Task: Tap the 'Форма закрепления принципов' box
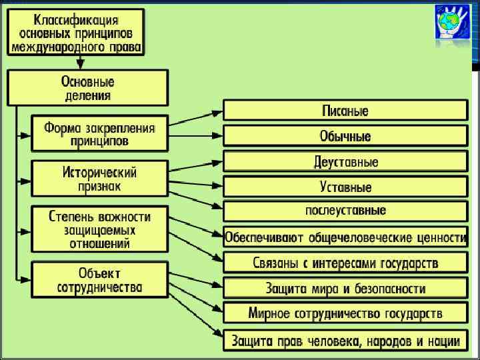pyautogui.click(x=99, y=133)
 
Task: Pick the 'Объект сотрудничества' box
pyautogui.click(x=99, y=280)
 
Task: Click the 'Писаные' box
pyautogui.click(x=345, y=111)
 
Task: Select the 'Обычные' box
pyautogui.click(x=345, y=136)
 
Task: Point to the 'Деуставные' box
pyautogui.click(x=345, y=162)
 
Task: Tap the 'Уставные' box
pyautogui.click(x=345, y=187)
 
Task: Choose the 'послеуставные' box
pyautogui.click(x=345, y=211)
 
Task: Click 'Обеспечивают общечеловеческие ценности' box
pyautogui.click(x=345, y=237)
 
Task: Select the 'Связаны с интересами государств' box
pyautogui.click(x=345, y=262)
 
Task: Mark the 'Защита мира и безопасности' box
pyautogui.click(x=345, y=288)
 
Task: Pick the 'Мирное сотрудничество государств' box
pyautogui.click(x=345, y=313)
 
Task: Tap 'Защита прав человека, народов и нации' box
pyautogui.click(x=345, y=341)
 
